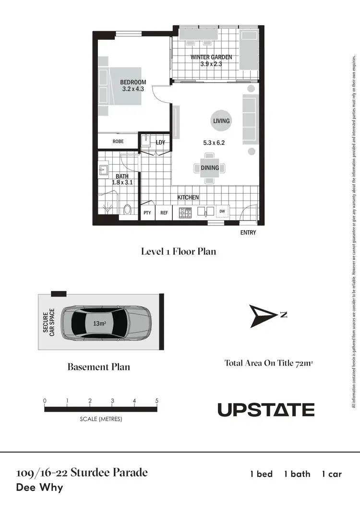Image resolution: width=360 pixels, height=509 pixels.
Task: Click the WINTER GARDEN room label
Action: tap(211, 57)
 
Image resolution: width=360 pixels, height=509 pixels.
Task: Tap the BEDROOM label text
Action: tap(133, 83)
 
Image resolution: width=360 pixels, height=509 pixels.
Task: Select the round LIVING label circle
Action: tap(221, 121)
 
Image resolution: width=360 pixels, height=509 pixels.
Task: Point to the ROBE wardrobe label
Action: tap(118, 142)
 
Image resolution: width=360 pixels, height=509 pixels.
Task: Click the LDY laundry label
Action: tap(160, 142)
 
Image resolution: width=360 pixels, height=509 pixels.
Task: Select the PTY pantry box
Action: tap(147, 212)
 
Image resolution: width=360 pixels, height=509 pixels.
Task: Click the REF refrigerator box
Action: tap(164, 212)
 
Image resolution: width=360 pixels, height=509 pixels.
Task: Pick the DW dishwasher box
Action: tap(222, 211)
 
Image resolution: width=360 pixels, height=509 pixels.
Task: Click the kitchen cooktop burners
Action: tap(186, 212)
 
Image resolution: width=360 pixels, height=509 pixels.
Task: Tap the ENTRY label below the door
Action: tap(248, 233)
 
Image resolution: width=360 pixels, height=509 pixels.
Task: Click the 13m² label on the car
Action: tap(99, 323)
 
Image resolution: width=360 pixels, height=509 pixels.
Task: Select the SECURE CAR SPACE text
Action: tap(49, 322)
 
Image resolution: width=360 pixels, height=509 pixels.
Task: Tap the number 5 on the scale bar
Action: tap(157, 401)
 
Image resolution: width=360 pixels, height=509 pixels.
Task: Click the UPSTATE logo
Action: tap(266, 410)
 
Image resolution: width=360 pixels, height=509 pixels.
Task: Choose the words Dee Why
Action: tap(39, 488)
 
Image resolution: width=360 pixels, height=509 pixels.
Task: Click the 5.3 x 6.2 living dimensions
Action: tap(214, 142)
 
